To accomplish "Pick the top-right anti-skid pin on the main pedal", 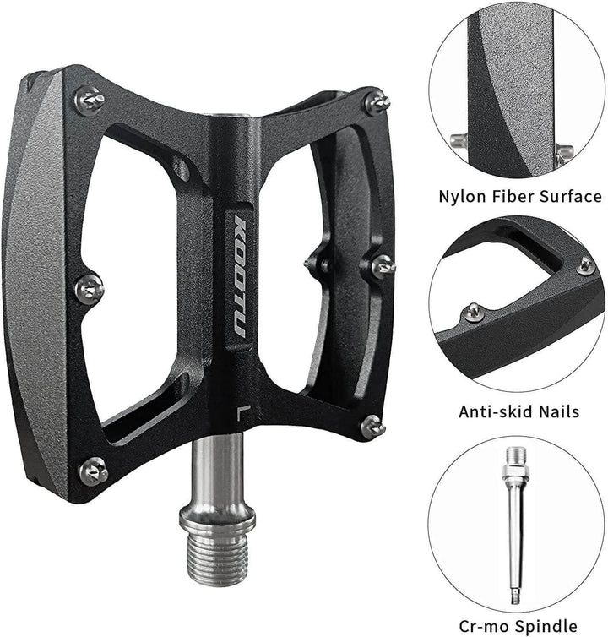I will pyautogui.click(x=377, y=104).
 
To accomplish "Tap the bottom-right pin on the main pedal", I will pyautogui.click(x=372, y=426).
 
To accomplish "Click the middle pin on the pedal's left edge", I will pyautogui.click(x=89, y=288).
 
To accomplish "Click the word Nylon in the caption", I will pyautogui.click(x=462, y=197).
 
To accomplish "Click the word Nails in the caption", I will pyautogui.click(x=558, y=412).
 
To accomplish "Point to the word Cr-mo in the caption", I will pyautogui.click(x=482, y=626).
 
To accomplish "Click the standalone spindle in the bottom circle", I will pyautogui.click(x=513, y=523).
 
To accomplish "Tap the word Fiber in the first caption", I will pyautogui.click(x=515, y=197).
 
